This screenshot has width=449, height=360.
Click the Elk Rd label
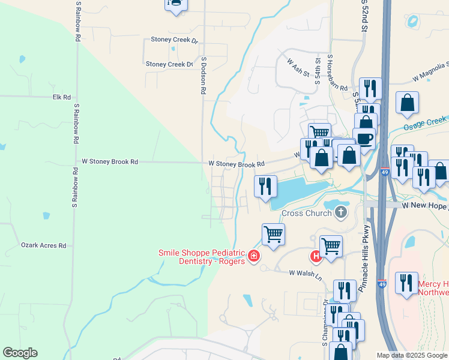[x=62, y=97]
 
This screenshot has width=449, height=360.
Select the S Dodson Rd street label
[x=204, y=76]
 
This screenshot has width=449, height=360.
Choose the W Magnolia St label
[x=431, y=73]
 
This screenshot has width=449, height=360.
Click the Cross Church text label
[x=307, y=213]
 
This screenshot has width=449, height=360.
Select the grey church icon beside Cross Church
[x=341, y=212]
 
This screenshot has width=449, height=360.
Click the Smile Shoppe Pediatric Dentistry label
[x=202, y=257]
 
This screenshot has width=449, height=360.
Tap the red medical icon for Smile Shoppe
[x=254, y=257]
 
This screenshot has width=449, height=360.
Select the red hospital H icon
[x=315, y=257]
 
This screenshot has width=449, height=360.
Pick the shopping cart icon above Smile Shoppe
[x=273, y=233]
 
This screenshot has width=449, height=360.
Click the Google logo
[x=20, y=353]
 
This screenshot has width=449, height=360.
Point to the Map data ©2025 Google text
[x=412, y=355]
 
